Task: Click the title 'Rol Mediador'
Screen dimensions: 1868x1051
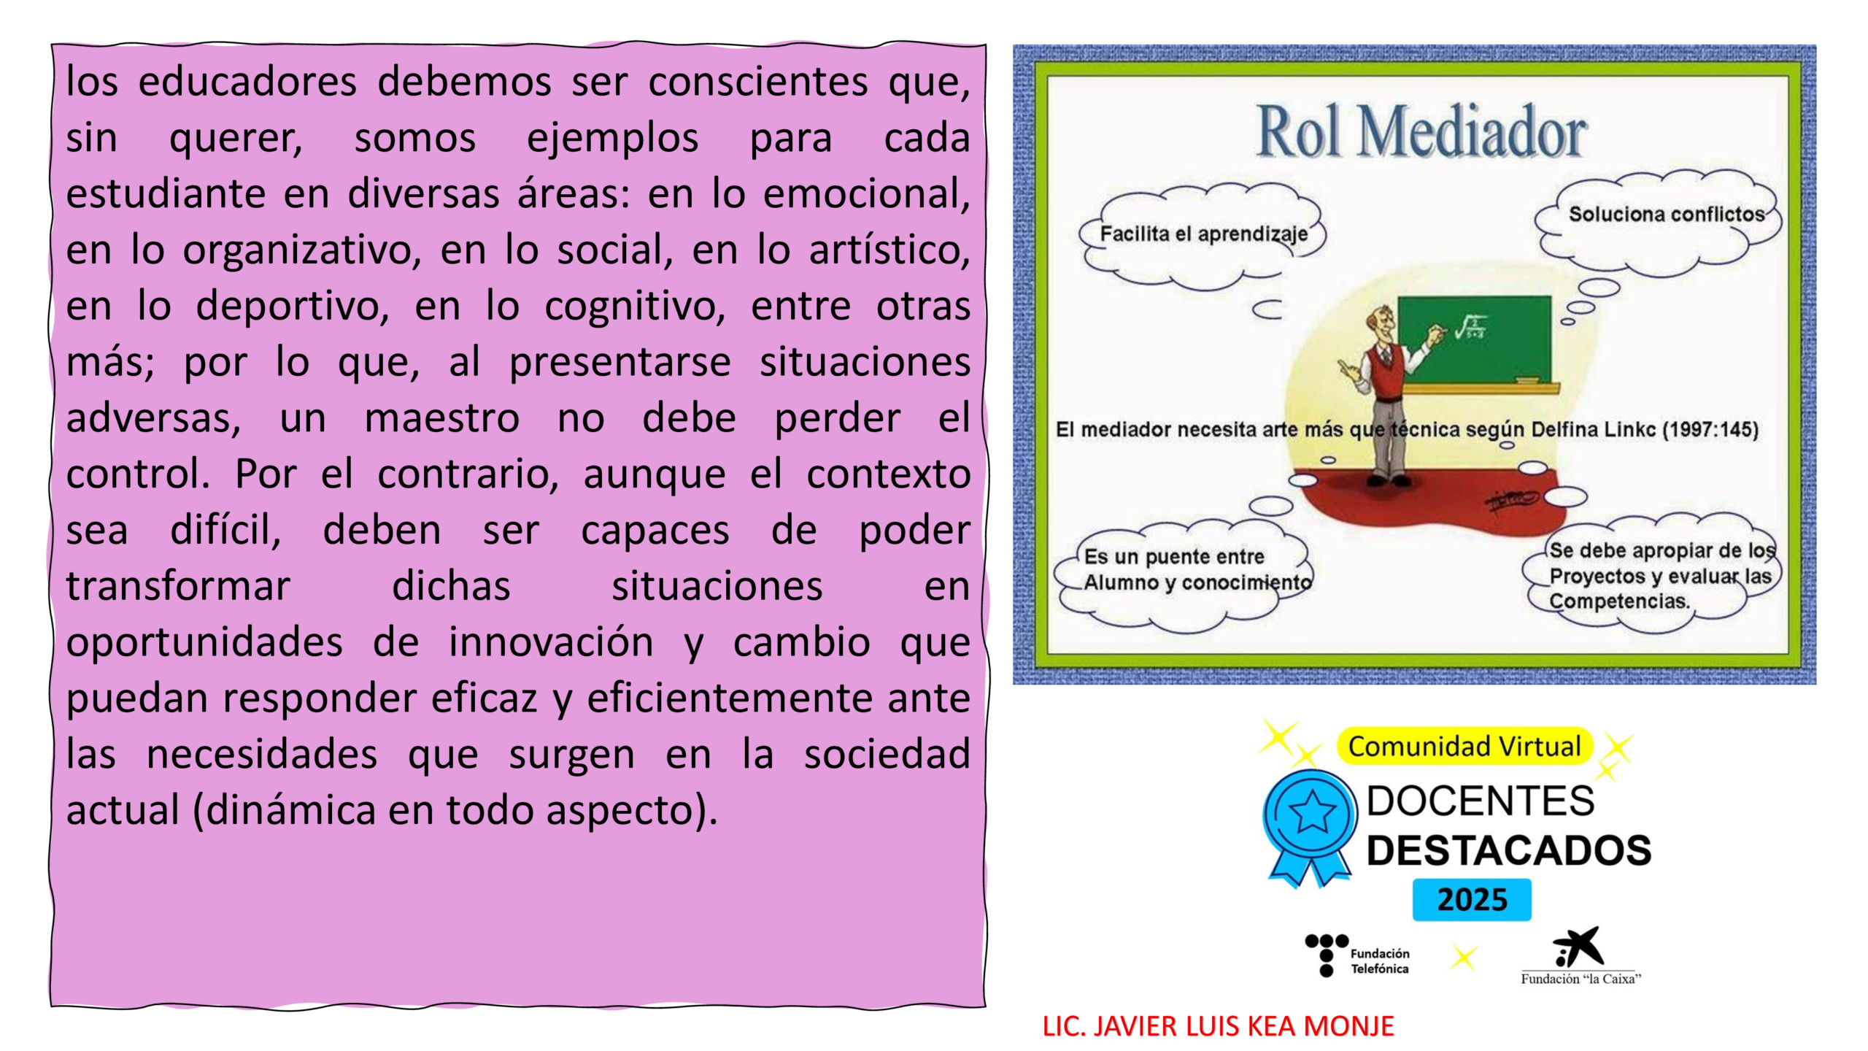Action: [x=1421, y=131]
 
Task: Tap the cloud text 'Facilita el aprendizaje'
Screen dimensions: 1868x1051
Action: [x=1204, y=234]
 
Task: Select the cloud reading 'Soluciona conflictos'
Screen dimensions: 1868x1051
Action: [x=1667, y=214]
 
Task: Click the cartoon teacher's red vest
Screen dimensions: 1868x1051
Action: [x=1383, y=372]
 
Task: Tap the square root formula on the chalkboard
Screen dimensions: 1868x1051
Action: [x=1470, y=327]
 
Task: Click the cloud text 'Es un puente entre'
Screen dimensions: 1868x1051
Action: [x=1174, y=557]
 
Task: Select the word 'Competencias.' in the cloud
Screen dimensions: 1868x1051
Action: [x=1620, y=601]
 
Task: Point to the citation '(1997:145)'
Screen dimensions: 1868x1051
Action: [x=1710, y=429]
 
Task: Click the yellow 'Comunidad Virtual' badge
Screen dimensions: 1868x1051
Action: [x=1464, y=747]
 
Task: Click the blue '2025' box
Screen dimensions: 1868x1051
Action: [x=1472, y=900]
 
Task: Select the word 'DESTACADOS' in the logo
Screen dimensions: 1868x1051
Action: [x=1508, y=851]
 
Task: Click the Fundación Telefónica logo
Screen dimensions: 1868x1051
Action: [x=1357, y=955]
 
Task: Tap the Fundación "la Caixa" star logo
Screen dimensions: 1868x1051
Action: [x=1581, y=956]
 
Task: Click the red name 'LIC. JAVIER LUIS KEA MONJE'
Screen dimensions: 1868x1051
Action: [x=1218, y=1026]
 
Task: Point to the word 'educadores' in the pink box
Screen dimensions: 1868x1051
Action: [x=247, y=81]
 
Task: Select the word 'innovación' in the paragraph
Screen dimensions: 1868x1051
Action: [x=551, y=642]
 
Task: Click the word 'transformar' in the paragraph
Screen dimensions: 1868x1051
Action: [x=178, y=586]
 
